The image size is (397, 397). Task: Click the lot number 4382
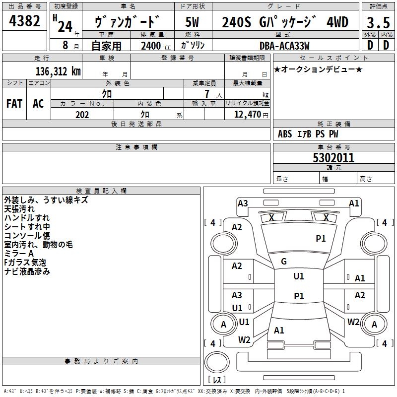click(x=24, y=21)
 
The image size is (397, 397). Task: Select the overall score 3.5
click(x=378, y=22)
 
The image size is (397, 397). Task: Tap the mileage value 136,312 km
click(x=58, y=71)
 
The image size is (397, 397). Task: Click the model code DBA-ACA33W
click(x=284, y=46)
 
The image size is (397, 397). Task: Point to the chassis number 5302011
click(x=333, y=158)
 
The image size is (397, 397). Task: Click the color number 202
click(x=82, y=115)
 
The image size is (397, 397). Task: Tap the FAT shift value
click(x=14, y=104)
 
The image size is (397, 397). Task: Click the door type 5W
click(x=192, y=22)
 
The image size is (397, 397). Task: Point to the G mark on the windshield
click(x=284, y=262)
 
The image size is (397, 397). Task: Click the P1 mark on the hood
click(x=321, y=238)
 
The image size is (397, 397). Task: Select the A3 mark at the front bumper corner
click(x=243, y=203)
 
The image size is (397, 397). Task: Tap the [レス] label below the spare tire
click(x=217, y=380)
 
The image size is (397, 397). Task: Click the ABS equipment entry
click(x=285, y=134)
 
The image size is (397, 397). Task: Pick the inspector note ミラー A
click(x=19, y=254)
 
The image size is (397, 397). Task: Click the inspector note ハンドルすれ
click(x=27, y=218)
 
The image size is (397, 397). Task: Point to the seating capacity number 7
click(x=207, y=94)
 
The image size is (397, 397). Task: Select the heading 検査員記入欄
click(x=101, y=191)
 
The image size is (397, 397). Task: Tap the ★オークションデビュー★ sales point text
click(x=318, y=69)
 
